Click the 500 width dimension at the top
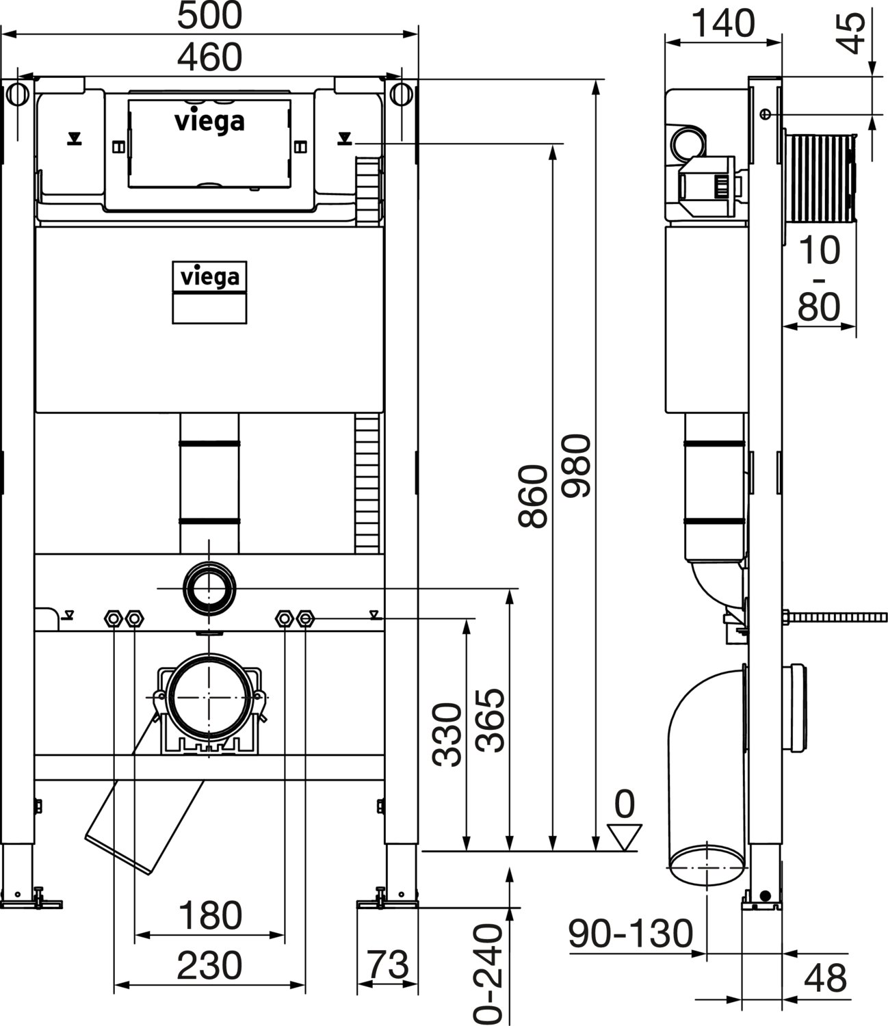point(209,15)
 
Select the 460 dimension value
point(209,57)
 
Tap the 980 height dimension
point(576,466)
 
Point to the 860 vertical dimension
point(533,497)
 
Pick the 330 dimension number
point(447,735)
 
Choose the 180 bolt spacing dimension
point(210,916)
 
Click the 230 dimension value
point(209,966)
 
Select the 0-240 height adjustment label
point(488,974)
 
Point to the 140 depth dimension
point(723,23)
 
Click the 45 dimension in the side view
point(851,34)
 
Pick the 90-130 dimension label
point(630,934)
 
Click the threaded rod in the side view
point(835,618)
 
